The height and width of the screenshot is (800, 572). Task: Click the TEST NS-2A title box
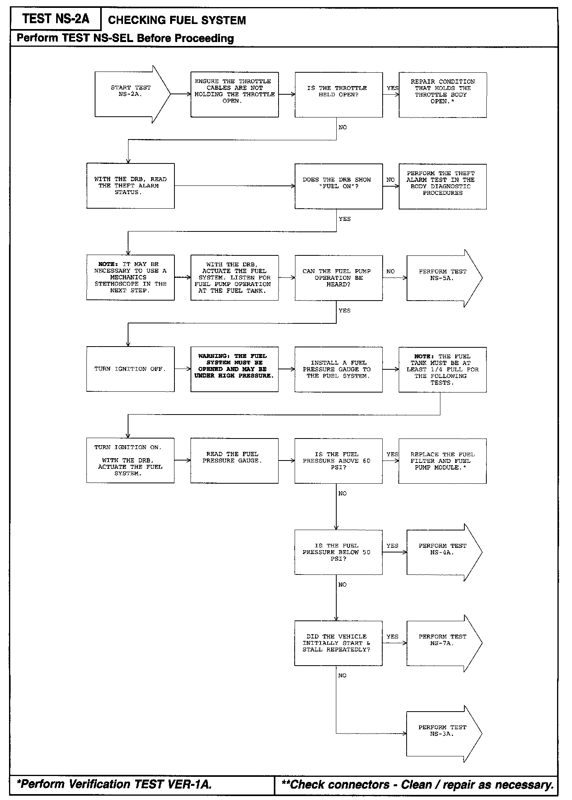[x=55, y=19]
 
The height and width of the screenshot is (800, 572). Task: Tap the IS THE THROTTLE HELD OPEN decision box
[x=338, y=94]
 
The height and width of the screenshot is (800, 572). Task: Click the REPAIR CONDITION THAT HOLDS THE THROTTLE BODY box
[x=442, y=94]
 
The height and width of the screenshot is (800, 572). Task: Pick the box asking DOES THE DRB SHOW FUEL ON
[x=338, y=186]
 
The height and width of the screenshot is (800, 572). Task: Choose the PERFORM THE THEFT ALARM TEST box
[x=442, y=186]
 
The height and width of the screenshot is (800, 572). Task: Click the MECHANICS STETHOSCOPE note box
[x=130, y=277]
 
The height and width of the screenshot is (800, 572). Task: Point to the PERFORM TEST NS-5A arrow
[x=442, y=277]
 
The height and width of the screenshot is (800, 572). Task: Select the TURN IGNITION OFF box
[x=130, y=369]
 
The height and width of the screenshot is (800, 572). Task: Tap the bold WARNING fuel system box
[x=235, y=369]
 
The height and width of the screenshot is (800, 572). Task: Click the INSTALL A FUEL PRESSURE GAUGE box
[x=338, y=369]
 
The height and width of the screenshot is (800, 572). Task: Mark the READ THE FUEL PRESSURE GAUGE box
[x=235, y=461]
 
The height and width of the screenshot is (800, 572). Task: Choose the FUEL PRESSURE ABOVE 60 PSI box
[x=338, y=461]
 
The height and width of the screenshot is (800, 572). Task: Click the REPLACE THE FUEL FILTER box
[x=442, y=461]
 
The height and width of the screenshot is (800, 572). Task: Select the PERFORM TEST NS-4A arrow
[x=442, y=552]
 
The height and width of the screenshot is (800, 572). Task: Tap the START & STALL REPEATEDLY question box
[x=338, y=643]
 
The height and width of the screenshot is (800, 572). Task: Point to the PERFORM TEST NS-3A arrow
[x=442, y=733]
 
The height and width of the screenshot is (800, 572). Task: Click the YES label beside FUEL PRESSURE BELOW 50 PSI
[x=392, y=545]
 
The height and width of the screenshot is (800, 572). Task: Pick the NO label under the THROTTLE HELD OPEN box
[x=343, y=127]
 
